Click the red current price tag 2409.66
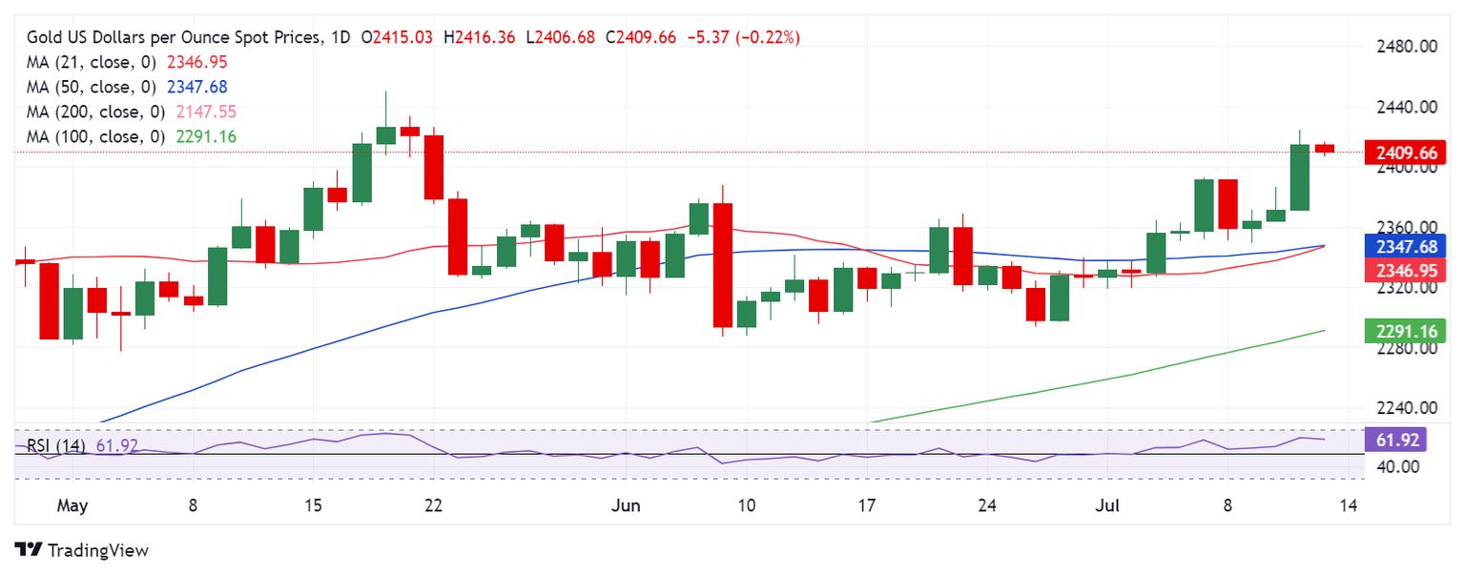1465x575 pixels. [x=1406, y=152]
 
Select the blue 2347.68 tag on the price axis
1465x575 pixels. [x=1406, y=246]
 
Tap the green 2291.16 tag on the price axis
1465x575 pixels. [x=1406, y=332]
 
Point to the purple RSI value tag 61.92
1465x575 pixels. [x=1406, y=440]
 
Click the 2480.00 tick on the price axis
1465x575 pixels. [x=1402, y=47]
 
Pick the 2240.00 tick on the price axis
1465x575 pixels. [x=1402, y=408]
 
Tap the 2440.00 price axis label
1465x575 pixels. [x=1402, y=108]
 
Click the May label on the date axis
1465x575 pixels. [x=72, y=505]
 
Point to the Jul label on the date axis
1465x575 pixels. [x=1107, y=505]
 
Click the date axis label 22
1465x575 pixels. [x=433, y=505]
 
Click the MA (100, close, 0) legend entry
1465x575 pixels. [x=95, y=136]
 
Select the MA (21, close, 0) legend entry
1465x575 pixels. [x=92, y=62]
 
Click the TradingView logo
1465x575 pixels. [x=82, y=550]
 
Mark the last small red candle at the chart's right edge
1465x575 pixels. [x=1325, y=148]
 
